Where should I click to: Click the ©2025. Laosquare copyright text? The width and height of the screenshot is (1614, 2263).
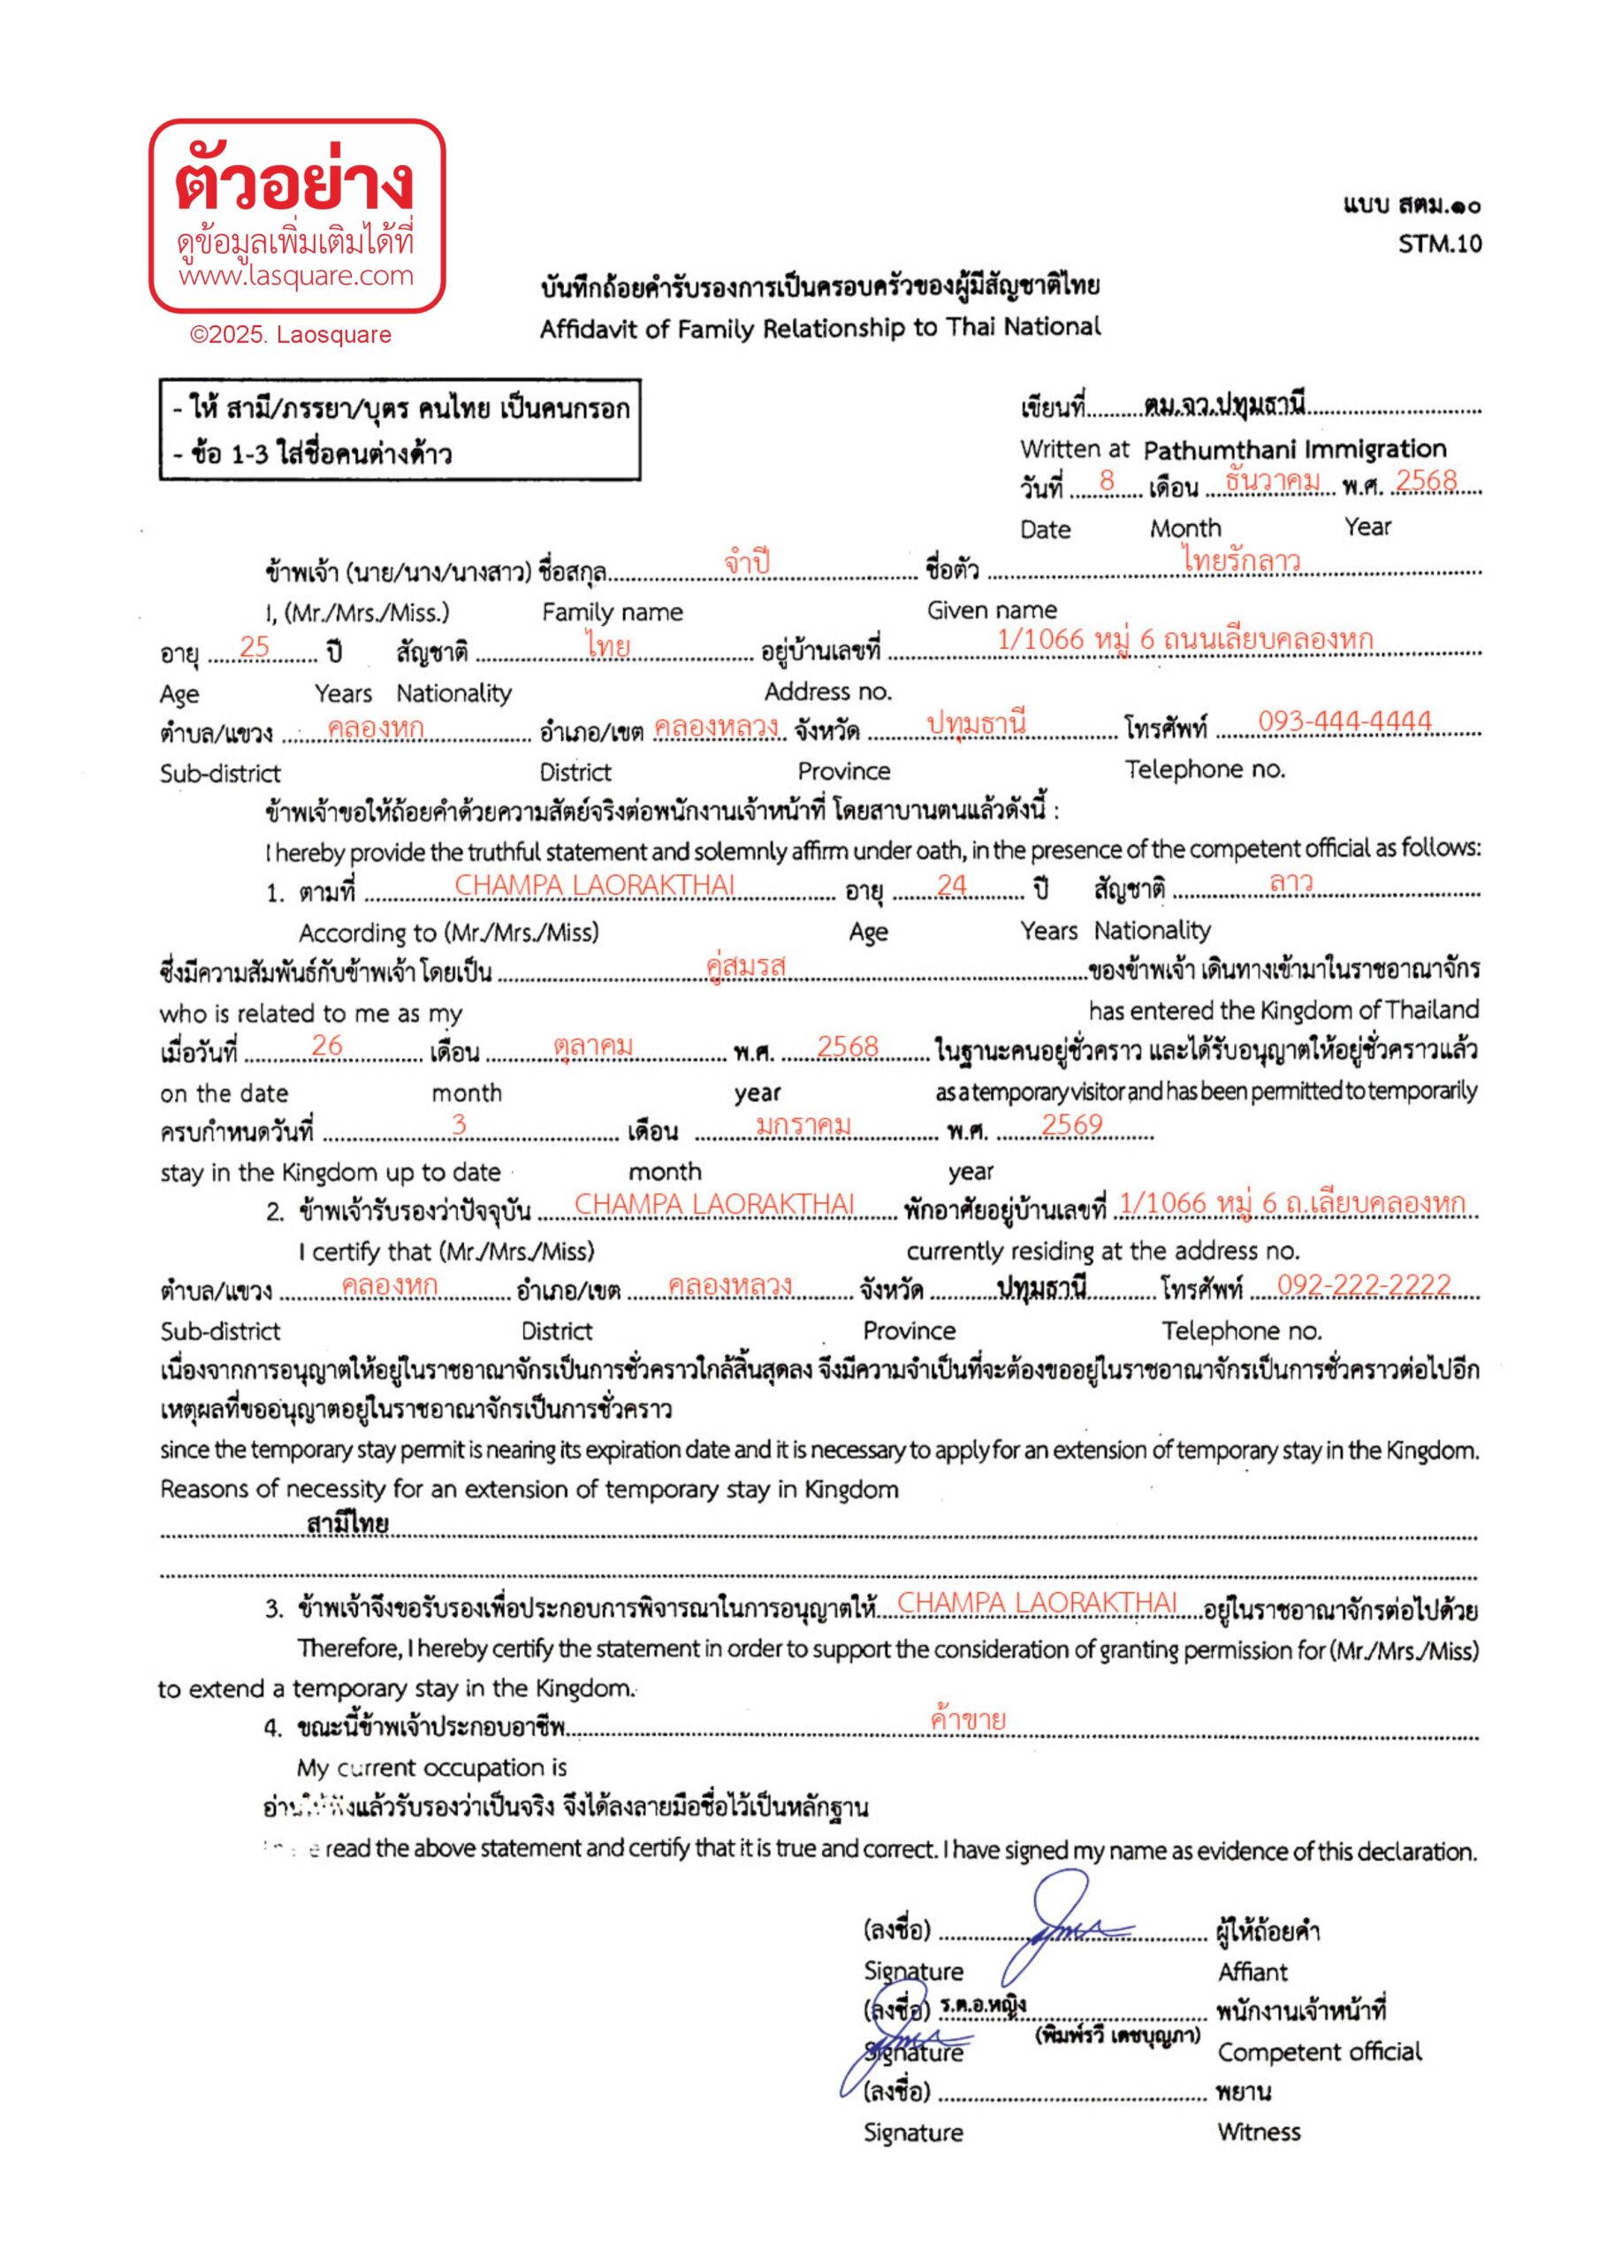point(290,335)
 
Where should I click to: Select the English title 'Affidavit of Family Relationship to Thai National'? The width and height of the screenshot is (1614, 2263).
point(820,328)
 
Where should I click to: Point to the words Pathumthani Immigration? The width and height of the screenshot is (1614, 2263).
point(1294,449)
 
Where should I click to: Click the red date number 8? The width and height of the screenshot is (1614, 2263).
point(1106,480)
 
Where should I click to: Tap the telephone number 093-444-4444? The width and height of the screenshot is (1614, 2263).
point(1344,720)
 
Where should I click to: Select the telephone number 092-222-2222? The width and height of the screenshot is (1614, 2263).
point(1364,1284)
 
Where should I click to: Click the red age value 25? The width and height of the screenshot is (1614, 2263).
point(255,646)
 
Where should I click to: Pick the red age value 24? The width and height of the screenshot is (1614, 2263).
point(951,885)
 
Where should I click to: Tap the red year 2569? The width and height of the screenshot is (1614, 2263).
point(1071,1124)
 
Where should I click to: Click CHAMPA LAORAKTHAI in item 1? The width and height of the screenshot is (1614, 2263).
point(594,885)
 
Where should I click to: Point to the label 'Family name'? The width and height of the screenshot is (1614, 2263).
point(613,613)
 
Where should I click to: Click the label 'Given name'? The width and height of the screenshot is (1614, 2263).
point(991,610)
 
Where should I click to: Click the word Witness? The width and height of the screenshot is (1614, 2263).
point(1258,2132)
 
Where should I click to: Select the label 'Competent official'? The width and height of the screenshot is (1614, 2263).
point(1319,2052)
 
